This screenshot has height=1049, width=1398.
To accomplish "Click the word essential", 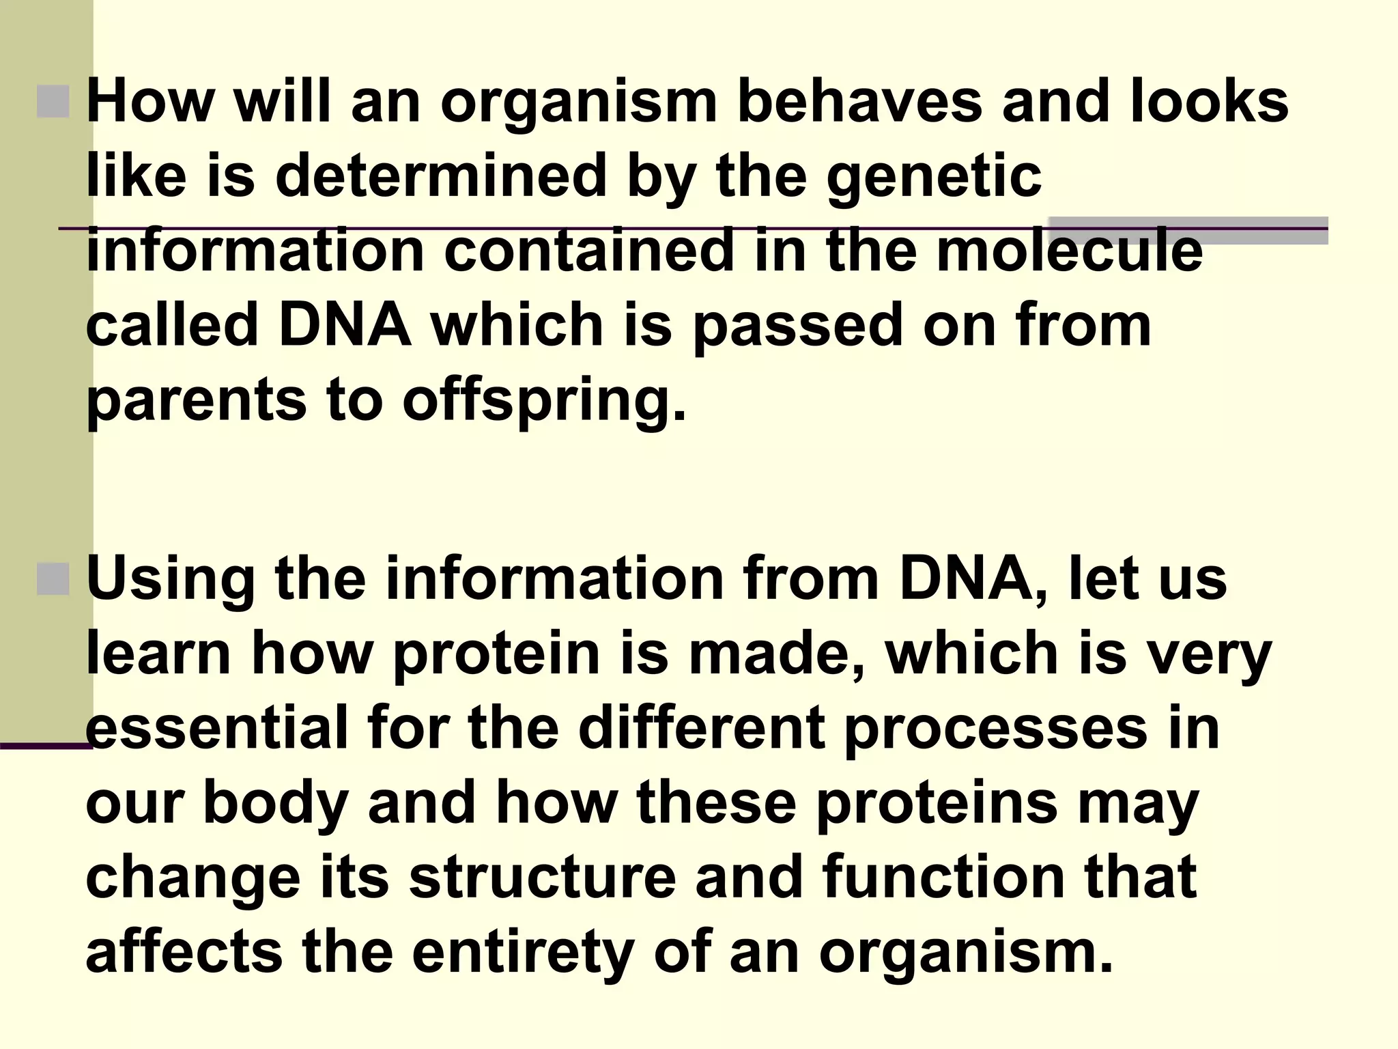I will tap(217, 728).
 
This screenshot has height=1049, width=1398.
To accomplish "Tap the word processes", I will tap(995, 728).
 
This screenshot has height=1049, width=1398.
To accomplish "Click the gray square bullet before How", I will tap(53, 102).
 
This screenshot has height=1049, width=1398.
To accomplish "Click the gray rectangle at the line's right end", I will tap(1188, 230).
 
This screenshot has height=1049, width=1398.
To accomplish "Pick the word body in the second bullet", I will tap(276, 803).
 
